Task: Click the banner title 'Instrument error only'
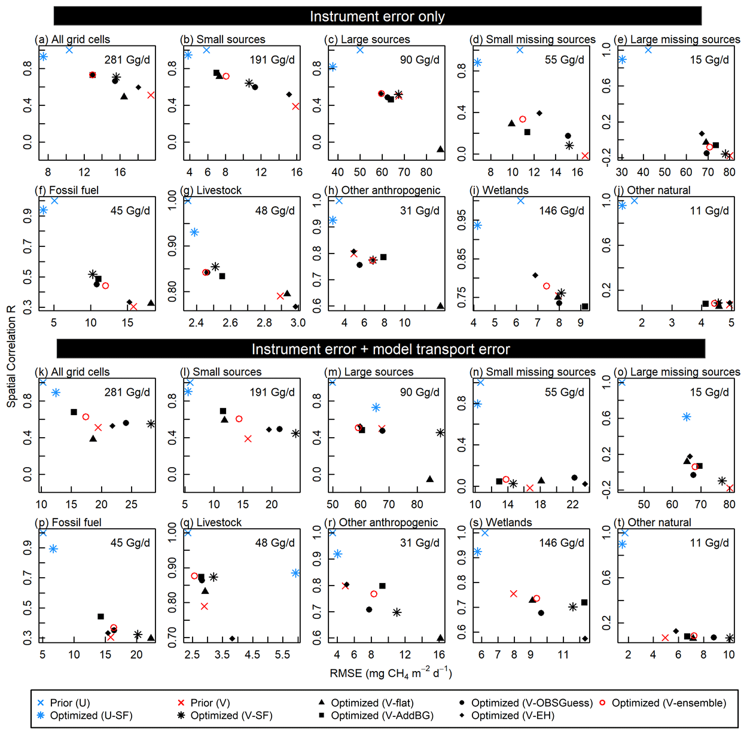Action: click(377, 16)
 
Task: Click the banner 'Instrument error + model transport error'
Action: click(380, 349)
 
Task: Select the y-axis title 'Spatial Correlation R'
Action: click(11, 356)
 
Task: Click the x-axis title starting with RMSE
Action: click(391, 673)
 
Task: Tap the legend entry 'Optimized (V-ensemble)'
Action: click(669, 703)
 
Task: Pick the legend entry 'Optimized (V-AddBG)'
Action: click(382, 715)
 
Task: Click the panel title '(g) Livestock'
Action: click(211, 190)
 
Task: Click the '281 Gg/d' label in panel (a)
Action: click(127, 60)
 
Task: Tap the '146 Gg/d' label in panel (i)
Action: click(562, 211)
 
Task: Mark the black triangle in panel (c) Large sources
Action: click(440, 149)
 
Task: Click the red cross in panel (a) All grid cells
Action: click(151, 95)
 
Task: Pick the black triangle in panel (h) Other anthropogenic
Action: click(440, 306)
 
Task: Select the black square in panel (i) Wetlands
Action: click(584, 307)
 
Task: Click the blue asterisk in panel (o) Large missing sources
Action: click(687, 417)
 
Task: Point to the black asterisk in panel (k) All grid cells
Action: click(151, 424)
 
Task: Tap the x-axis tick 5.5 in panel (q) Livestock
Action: click(282, 655)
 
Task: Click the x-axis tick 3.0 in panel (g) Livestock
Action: click(298, 323)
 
